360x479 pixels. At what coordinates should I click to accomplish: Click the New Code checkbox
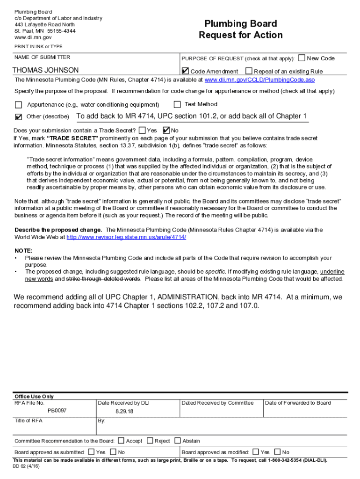coord(302,58)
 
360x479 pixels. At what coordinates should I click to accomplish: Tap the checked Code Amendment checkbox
coord(185,71)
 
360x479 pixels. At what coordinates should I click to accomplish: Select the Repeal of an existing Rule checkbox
coord(249,71)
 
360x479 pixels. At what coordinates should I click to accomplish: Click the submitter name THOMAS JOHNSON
coord(45,70)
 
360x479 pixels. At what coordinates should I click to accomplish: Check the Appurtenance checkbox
coord(18,105)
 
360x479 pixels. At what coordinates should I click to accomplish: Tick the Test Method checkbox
coord(177,104)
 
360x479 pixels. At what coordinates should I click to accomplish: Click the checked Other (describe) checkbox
coord(18,116)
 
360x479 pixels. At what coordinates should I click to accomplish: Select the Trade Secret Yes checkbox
coord(142,130)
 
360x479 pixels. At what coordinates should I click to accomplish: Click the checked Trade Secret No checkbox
coord(166,130)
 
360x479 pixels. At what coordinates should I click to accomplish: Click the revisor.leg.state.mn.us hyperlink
coord(126,237)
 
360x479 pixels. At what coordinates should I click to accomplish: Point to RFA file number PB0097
coord(57,411)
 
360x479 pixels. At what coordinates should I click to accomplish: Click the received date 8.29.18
coord(124,411)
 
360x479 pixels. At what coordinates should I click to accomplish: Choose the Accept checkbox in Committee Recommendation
coord(121,440)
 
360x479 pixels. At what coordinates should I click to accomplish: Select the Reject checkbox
coord(150,440)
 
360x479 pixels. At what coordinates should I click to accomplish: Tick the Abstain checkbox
coord(178,440)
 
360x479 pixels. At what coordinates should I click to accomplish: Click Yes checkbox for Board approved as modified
coord(255,452)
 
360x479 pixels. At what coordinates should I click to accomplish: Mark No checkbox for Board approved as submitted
coord(113,452)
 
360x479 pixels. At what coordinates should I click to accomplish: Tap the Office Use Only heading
coord(34,396)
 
